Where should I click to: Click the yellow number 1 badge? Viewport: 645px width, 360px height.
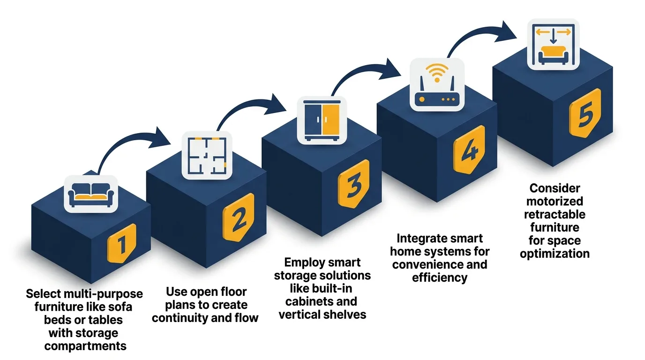(121, 244)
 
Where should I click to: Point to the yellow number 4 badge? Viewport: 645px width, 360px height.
(469, 150)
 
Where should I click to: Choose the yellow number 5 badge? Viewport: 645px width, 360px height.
(585, 114)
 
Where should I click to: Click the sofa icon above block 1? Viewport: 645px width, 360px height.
(91, 194)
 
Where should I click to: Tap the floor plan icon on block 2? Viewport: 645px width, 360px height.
(207, 155)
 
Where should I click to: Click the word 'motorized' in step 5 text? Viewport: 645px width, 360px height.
(555, 202)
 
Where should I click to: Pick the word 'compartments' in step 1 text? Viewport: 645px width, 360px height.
(85, 346)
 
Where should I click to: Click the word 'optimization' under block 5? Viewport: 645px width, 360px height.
(555, 254)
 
